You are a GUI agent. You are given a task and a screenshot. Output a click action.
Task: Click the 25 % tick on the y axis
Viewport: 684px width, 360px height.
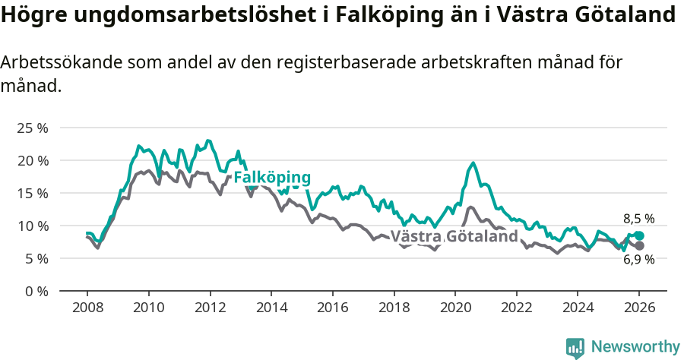tap(32, 128)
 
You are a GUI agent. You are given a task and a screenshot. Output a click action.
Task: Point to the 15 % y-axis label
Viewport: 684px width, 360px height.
tap(32, 193)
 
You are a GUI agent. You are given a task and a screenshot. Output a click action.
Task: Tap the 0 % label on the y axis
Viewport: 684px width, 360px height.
tap(36, 291)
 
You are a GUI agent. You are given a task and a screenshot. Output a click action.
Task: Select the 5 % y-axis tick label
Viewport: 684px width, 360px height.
tap(36, 258)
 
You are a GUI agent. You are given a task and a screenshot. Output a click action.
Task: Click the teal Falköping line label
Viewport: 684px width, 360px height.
tap(272, 178)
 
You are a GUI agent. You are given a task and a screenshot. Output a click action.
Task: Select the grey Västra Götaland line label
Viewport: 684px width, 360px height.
tap(454, 236)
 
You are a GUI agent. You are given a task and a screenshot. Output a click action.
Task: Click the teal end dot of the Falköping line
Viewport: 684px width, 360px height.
tap(639, 236)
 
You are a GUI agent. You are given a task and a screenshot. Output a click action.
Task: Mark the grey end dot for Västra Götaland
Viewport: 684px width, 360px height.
tap(639, 246)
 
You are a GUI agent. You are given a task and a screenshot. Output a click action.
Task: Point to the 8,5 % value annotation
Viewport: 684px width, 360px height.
tap(638, 219)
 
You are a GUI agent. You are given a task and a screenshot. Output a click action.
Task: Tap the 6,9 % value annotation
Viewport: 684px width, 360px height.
tap(638, 260)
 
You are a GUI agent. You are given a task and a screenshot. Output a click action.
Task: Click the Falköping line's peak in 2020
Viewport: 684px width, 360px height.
tap(473, 163)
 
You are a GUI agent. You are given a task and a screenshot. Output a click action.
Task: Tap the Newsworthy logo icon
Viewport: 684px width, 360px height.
tap(575, 348)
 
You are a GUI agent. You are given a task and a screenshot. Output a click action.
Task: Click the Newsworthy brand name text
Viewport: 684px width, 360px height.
tap(635, 347)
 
